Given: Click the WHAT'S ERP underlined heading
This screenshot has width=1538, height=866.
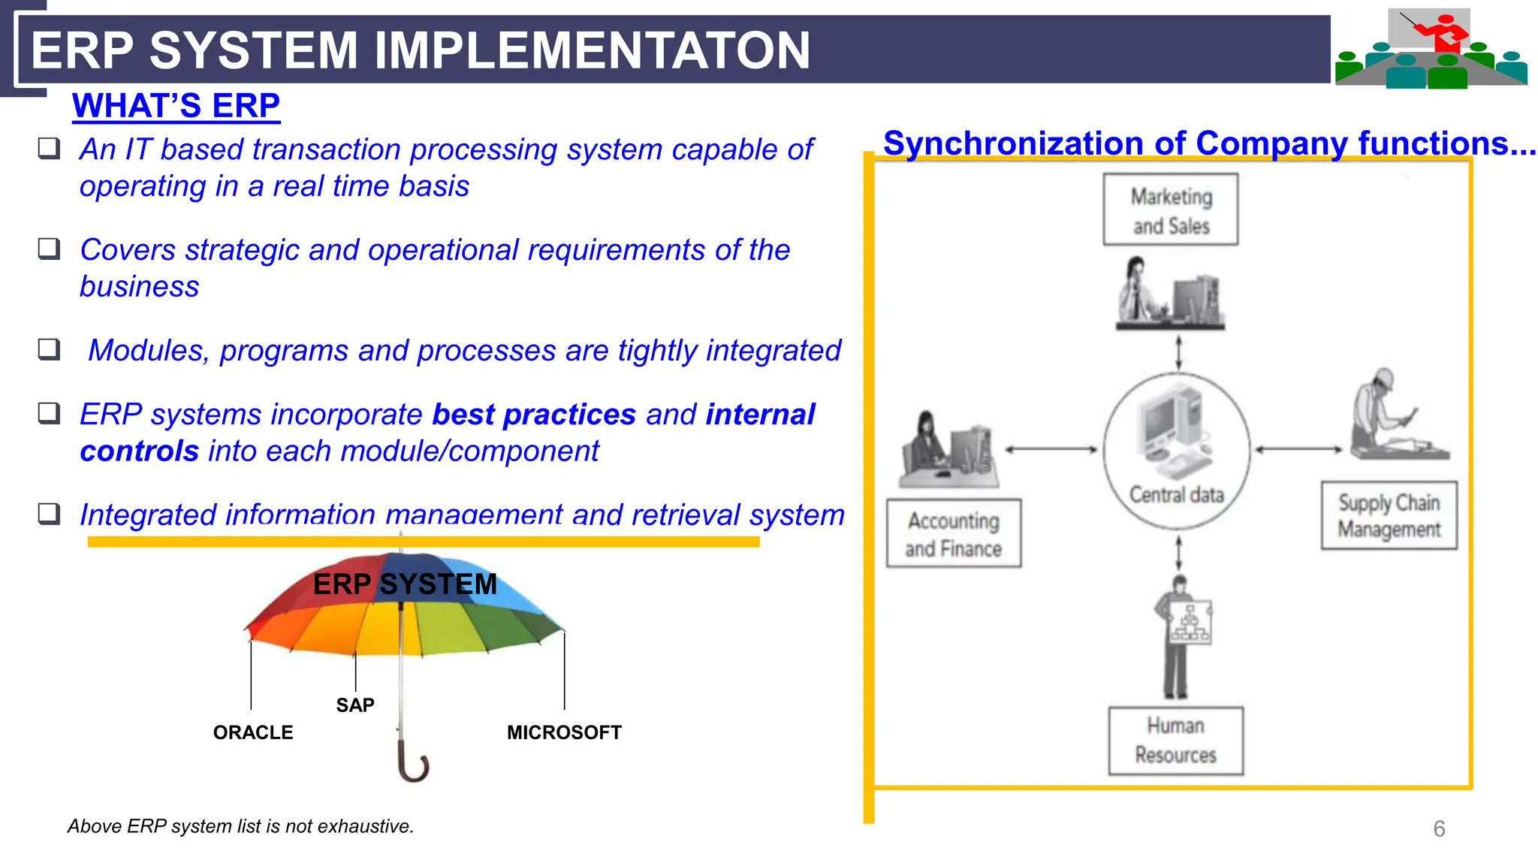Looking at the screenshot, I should pos(176,106).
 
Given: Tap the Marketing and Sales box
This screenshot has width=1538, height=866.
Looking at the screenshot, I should pos(1170,210).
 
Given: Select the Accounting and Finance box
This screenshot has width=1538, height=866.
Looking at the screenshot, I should pos(953,533).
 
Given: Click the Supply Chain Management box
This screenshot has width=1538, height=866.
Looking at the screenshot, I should pos(1389,516).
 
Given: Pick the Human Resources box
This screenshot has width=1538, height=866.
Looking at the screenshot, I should pos(1175,741).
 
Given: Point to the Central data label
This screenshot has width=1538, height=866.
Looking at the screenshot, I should pos(1176,495).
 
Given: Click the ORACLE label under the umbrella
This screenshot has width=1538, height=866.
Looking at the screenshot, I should pos(253,732).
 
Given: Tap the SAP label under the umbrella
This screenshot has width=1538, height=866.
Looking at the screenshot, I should pos(354,705).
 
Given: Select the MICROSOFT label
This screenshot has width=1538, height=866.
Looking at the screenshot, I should pos(564,732).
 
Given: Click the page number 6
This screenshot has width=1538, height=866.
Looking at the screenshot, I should pos(1439,828).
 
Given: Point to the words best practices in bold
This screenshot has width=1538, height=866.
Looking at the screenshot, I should pos(534,415).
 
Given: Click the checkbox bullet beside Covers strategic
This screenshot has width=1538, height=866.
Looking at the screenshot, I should pos(50,249).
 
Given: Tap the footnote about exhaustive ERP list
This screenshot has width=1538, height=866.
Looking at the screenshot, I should pos(240,826).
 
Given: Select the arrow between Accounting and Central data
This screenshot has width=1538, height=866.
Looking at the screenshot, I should pos(1051,449).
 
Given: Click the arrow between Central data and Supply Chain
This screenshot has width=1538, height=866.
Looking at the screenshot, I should pos(1298,449).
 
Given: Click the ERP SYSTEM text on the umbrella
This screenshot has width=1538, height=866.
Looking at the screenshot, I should pos(405,584).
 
